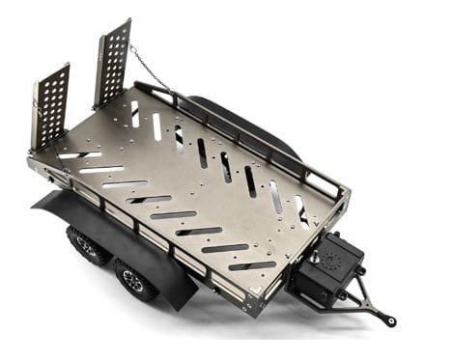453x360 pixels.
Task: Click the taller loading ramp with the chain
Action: tap(112, 63)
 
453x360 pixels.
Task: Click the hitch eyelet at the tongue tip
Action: tap(388, 319)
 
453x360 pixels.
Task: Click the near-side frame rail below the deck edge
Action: tap(145, 232)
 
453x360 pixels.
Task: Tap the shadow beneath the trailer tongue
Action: tap(319, 318)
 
